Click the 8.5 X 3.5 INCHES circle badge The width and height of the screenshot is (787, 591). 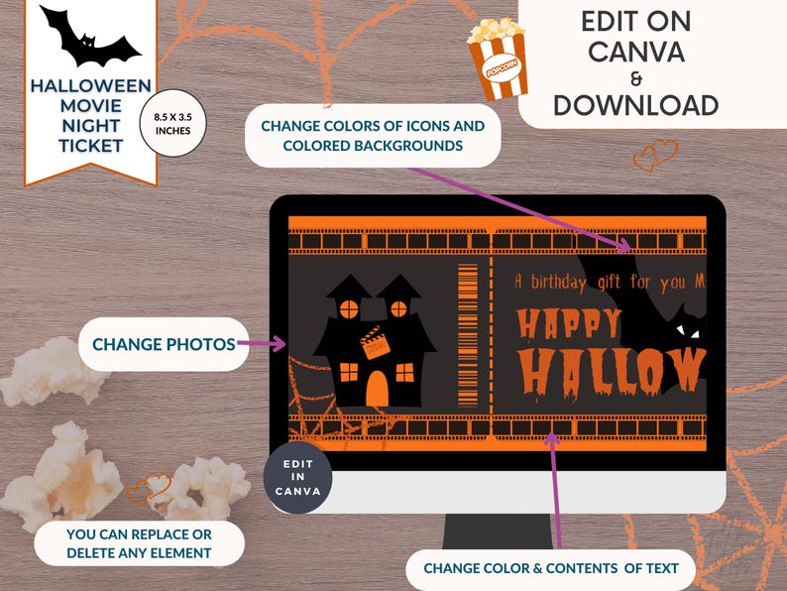tap(173, 124)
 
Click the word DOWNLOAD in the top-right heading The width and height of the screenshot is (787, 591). tap(635, 105)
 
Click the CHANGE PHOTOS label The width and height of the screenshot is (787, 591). tap(164, 344)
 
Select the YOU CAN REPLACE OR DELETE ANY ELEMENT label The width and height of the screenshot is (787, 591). tap(140, 543)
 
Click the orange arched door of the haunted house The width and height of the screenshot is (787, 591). tap(377, 389)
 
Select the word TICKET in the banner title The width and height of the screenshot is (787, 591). tap(90, 146)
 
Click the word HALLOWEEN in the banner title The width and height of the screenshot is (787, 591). tap(90, 86)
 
